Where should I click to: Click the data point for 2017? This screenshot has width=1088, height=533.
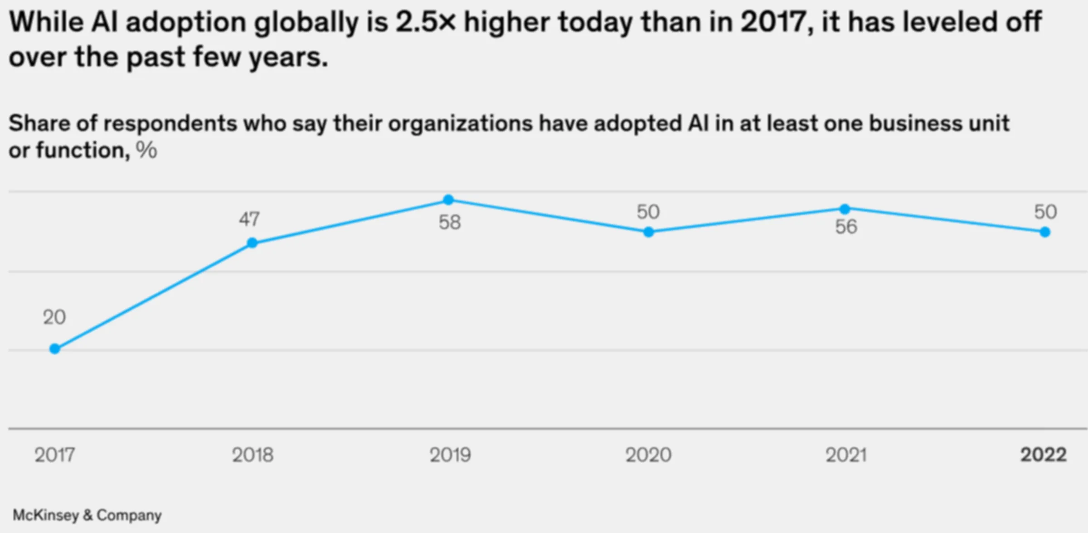pos(55,349)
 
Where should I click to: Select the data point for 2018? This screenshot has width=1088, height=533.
pos(253,243)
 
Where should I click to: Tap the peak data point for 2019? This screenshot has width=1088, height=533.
pos(448,200)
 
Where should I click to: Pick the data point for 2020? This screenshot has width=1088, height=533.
pos(648,232)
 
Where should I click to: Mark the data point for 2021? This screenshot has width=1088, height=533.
pos(845,209)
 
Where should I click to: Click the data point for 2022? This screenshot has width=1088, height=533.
pos(1045,232)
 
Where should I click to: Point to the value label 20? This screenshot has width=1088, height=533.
pos(54,317)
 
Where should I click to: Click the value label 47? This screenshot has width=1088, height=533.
pos(249,219)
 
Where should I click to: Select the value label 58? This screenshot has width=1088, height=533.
pos(450,223)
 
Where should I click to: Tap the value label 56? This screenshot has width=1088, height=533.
pos(846,227)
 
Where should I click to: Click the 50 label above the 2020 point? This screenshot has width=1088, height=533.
pos(648,212)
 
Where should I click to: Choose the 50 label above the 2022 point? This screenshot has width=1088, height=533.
pos(1045,212)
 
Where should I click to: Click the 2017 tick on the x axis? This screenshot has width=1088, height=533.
pos(55,455)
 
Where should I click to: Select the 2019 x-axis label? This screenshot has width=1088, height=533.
pos(450,455)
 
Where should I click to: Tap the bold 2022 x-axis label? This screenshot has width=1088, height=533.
pos(1043,455)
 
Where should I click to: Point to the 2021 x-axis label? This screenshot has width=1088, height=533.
pos(846,455)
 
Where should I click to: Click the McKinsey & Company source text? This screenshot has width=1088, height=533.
pos(87,515)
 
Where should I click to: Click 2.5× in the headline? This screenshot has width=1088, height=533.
pos(425,22)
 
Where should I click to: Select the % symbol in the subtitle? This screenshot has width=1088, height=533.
pos(146,150)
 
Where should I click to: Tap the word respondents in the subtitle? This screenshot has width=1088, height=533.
pos(173,124)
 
